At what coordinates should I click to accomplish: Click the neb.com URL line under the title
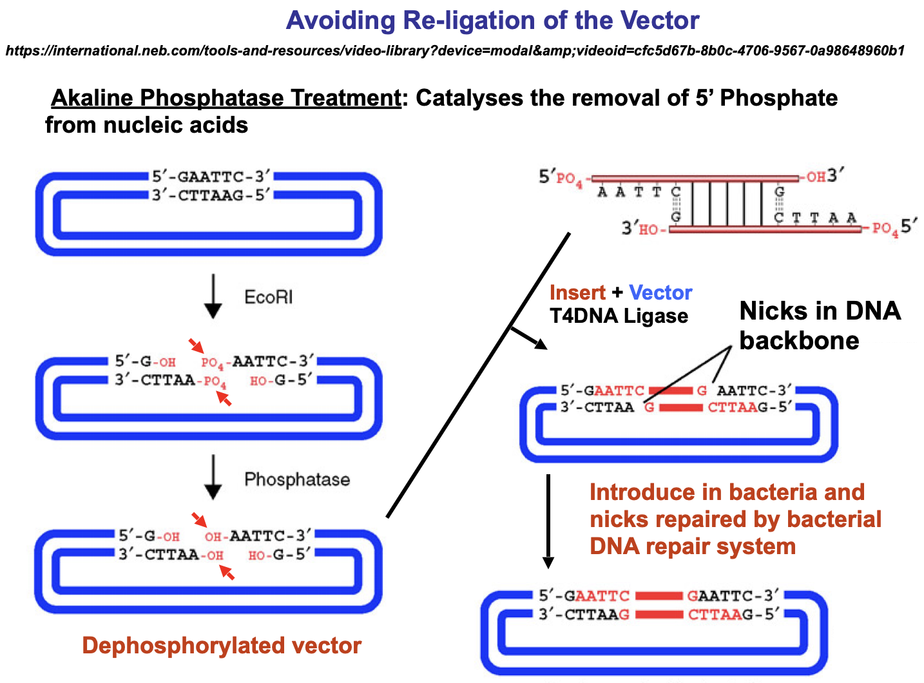pos(456,51)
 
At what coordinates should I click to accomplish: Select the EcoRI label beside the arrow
pos(269,297)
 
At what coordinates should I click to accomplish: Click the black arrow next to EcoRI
pos(213,296)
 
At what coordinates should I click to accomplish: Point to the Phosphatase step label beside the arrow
pos(297,479)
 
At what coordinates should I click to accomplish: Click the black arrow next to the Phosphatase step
pos(213,477)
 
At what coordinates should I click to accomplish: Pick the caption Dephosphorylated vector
pos(222,646)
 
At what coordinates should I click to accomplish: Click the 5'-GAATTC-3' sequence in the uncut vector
pos(211,177)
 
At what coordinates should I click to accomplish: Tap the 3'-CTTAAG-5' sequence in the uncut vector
pos(211,195)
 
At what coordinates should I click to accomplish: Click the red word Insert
pos(577,293)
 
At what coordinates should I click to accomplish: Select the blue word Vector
pos(660,293)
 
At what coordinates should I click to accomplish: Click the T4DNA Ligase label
pos(619,316)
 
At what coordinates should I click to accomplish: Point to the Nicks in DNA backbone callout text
pos(820,325)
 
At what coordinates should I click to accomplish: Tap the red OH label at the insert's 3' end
pos(816,177)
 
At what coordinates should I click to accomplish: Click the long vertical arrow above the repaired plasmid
pos(548,521)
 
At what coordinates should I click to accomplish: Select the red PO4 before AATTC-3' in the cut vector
pos(213,363)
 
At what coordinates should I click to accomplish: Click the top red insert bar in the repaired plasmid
pos(659,596)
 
